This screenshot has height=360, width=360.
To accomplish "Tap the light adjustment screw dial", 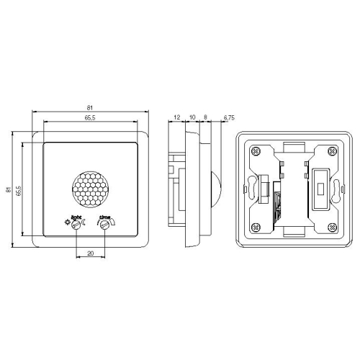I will pyautogui.click(x=76, y=225).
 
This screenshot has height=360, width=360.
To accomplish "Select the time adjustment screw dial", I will pyautogui.click(x=105, y=225).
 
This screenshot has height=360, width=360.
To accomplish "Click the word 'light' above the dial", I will pyautogui.click(x=76, y=217).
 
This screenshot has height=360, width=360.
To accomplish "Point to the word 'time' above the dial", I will pyautogui.click(x=104, y=217).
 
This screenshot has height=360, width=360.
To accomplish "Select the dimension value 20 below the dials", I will pyautogui.click(x=90, y=253).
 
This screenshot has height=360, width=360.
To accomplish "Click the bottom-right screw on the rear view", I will pyautogui.click(x=329, y=228).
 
